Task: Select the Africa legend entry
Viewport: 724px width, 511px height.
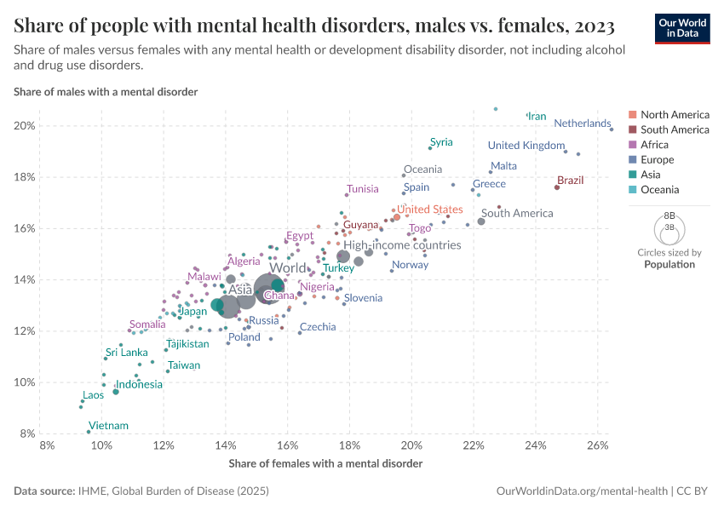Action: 656,145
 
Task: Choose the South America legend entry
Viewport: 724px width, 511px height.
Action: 674,129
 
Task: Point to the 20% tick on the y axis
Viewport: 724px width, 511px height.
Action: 25,126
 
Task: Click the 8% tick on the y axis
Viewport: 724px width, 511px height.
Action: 25,433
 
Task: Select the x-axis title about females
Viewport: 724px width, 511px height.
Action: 325,464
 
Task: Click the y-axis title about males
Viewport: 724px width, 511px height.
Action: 106,91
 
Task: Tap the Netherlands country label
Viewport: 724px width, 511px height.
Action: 583,123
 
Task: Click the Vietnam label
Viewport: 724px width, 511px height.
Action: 108,426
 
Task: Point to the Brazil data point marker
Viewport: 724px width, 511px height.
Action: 557,187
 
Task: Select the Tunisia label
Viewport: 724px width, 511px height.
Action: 363,189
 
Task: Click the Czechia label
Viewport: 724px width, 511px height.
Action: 318,327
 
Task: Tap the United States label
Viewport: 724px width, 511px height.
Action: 430,210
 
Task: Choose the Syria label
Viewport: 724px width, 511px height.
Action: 441,142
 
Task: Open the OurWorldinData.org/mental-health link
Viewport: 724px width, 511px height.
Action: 583,491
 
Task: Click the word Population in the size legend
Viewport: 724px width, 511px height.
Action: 669,264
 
